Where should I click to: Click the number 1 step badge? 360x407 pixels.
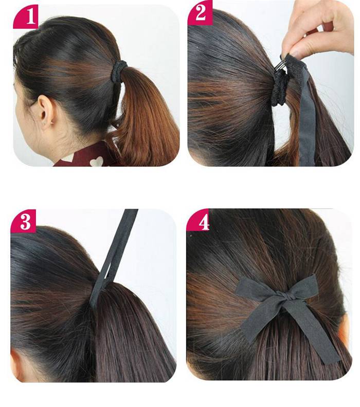(x=25, y=16)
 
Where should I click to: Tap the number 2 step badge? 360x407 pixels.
(x=200, y=12)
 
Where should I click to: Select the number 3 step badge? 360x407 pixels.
(x=23, y=221)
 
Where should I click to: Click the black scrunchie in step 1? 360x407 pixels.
(x=118, y=71)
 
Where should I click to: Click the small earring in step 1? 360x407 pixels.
(x=53, y=121)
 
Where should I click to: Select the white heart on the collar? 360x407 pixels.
(x=96, y=161)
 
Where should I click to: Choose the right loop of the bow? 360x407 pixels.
(x=302, y=288)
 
